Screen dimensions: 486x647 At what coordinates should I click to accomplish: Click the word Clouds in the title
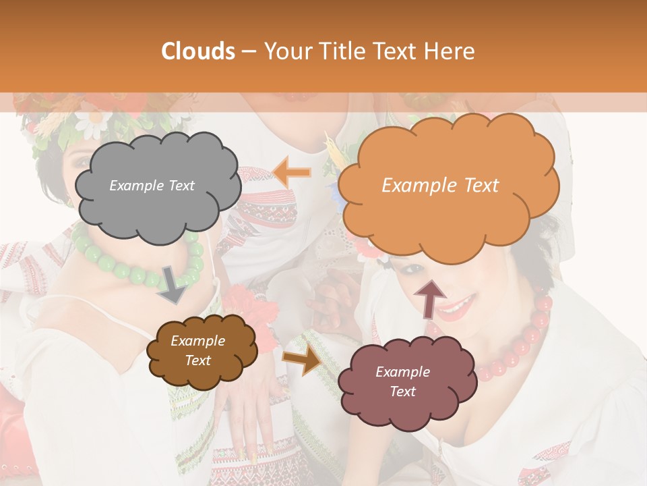click(198, 51)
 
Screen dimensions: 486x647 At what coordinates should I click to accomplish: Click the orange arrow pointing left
click(292, 172)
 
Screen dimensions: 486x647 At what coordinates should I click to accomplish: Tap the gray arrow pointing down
click(173, 286)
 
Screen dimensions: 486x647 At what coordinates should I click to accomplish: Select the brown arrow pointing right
click(303, 360)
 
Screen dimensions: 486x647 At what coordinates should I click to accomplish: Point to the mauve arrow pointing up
click(429, 298)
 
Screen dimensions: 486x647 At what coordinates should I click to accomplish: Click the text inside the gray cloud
click(152, 186)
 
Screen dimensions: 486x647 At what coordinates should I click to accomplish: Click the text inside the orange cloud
click(440, 186)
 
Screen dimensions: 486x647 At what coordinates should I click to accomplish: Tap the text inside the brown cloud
click(197, 350)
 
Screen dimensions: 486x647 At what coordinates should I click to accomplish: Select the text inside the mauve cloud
click(402, 381)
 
